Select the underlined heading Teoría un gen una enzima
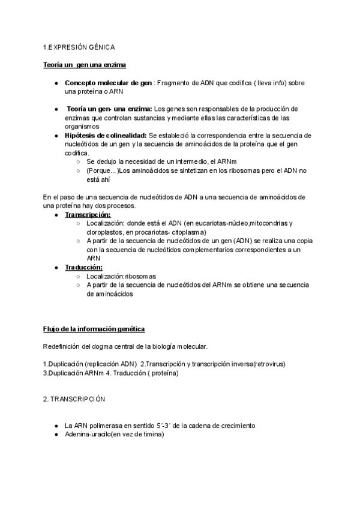84,64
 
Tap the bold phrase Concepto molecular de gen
107,82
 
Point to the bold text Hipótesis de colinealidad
105,136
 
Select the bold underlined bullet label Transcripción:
87,214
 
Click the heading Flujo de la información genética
94,329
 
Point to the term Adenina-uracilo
88,435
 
